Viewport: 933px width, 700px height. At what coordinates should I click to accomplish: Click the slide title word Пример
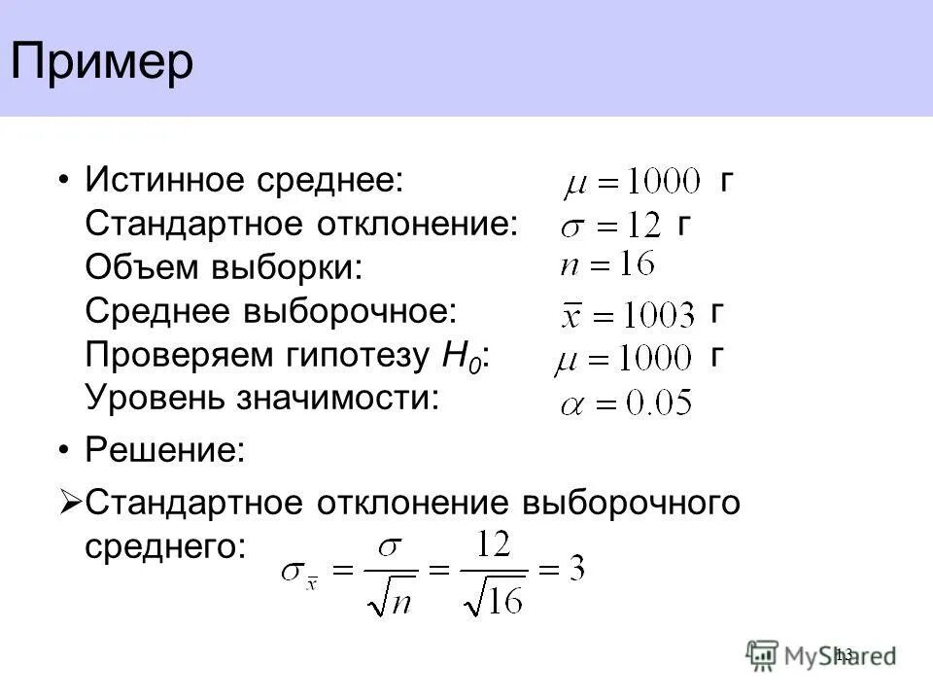coord(102,63)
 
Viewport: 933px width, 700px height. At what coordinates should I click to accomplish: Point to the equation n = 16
coord(607,264)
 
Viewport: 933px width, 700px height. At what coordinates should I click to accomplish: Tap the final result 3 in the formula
coord(575,569)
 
